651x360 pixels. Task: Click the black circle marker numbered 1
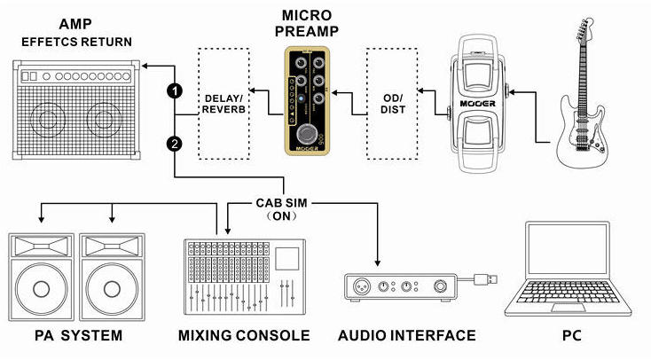pos(176,90)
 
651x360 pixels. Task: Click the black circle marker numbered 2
pos(176,143)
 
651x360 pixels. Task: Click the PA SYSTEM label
pos(66,336)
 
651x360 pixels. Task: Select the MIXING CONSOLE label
pos(244,336)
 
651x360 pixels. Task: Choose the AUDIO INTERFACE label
pos(406,336)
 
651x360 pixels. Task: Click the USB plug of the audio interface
pos(486,279)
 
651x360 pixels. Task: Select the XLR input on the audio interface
pos(362,286)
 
